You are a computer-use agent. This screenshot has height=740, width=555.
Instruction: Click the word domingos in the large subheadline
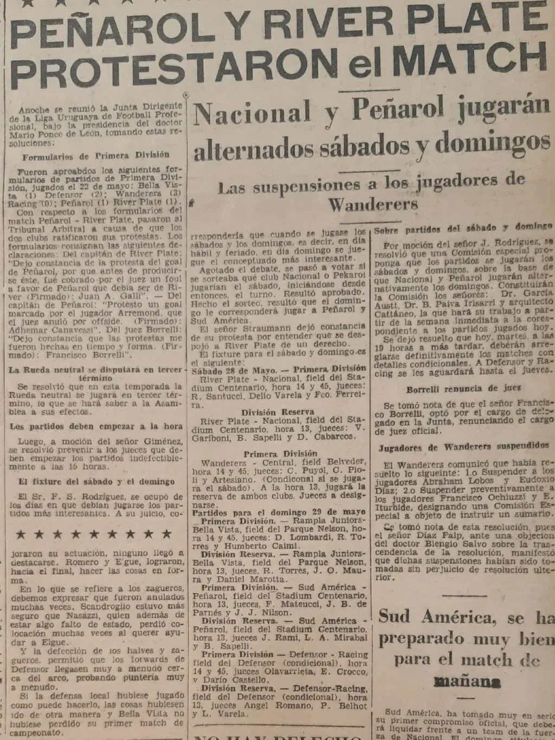[492, 142]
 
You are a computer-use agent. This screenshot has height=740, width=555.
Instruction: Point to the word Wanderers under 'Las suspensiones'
[373, 205]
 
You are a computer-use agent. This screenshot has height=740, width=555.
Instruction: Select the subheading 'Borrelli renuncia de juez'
[463, 389]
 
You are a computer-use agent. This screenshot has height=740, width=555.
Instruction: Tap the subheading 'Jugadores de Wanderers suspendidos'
[463, 447]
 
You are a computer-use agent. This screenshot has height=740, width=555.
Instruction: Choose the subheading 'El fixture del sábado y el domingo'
[96, 481]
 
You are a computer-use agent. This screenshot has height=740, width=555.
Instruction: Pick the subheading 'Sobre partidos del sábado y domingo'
[463, 227]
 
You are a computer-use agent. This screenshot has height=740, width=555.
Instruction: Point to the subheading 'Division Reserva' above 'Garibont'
[277, 412]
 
